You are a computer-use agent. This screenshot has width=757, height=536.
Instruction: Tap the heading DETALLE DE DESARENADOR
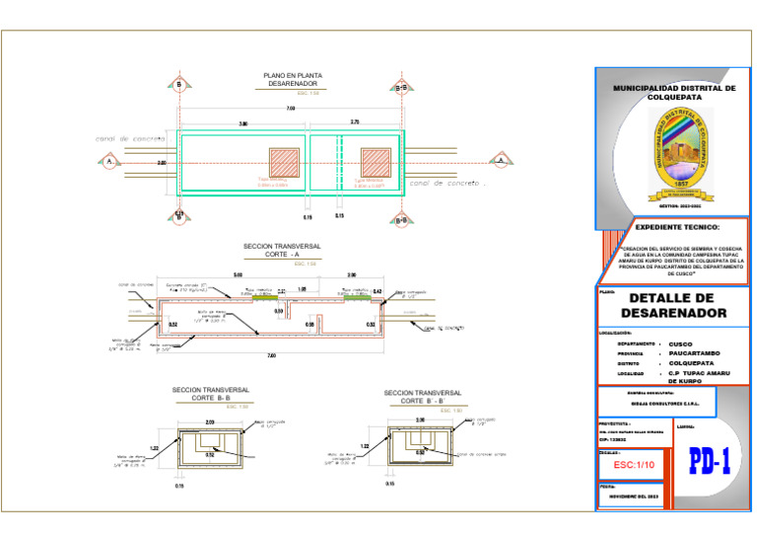[x=677, y=305]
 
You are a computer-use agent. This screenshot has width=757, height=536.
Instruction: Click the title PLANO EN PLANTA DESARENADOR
[x=292, y=80]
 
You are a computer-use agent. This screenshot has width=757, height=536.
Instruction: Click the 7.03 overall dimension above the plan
[x=291, y=108]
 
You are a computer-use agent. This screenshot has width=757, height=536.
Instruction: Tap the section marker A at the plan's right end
[x=501, y=159]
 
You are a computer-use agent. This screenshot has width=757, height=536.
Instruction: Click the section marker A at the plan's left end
[x=110, y=161]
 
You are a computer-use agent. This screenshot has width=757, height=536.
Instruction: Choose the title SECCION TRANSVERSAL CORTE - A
[x=282, y=251]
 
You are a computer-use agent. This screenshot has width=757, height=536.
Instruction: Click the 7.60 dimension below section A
[x=271, y=355]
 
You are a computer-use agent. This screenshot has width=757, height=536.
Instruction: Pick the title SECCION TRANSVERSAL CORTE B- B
[x=210, y=394]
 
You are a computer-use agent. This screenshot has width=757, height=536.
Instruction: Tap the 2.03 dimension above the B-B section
[x=210, y=421]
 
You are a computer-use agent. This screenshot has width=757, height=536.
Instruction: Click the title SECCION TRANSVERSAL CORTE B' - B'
[x=423, y=397]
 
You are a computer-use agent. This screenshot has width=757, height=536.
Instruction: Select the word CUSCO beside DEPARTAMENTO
[x=680, y=344]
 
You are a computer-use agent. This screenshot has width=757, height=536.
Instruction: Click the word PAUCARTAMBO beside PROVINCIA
[x=694, y=352]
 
